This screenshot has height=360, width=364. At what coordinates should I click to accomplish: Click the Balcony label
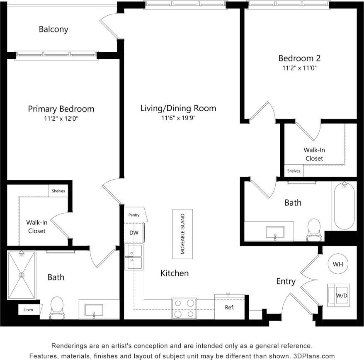pyautogui.click(x=53, y=29)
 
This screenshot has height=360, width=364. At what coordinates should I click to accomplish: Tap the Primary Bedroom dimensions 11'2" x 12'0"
pyautogui.click(x=61, y=118)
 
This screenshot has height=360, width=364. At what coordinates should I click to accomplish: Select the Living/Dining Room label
pyautogui.click(x=178, y=108)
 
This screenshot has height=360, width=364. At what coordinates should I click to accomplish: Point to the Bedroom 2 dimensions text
pyautogui.click(x=299, y=68)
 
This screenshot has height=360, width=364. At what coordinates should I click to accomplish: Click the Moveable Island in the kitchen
pyautogui.click(x=182, y=234)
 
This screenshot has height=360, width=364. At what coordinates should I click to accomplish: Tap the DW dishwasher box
pyautogui.click(x=133, y=233)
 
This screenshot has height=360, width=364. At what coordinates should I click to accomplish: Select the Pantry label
pyautogui.click(x=134, y=215)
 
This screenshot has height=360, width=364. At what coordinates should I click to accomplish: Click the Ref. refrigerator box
pyautogui.click(x=229, y=307)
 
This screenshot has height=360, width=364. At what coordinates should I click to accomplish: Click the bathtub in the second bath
pyautogui.click(x=344, y=206)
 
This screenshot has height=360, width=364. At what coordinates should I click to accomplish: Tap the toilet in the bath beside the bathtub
pyautogui.click(x=314, y=229)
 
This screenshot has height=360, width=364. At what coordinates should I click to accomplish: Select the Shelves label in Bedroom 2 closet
pyautogui.click(x=294, y=170)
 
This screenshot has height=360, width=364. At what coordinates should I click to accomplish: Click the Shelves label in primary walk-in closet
pyautogui.click(x=58, y=191)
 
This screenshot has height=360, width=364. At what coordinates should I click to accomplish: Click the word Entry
pyautogui.click(x=286, y=282)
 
